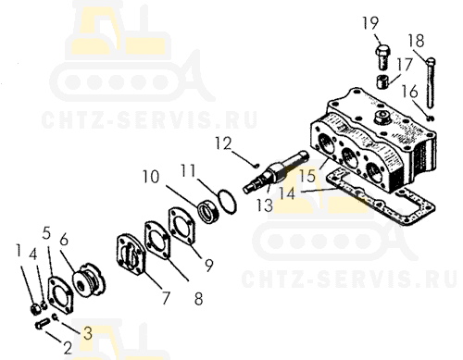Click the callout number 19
370,23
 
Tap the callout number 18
416,41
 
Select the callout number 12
223,143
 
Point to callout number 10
151,177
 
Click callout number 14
287,193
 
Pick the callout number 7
166,298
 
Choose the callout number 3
88,333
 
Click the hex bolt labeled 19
382,57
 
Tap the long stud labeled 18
431,82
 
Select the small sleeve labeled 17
382,81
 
